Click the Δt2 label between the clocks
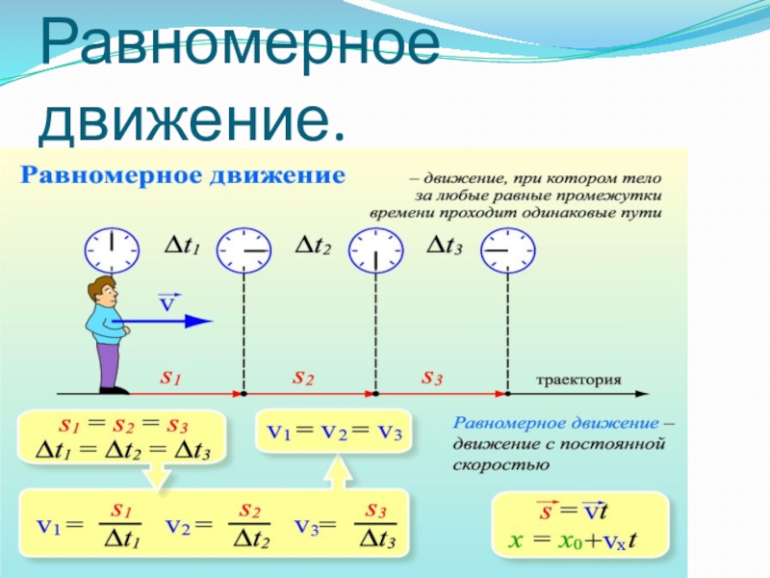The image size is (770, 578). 313,249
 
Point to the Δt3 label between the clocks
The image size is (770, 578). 444,249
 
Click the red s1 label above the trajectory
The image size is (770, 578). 170,379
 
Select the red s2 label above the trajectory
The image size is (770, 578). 302,379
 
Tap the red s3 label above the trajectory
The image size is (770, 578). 432,379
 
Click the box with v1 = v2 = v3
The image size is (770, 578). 334,433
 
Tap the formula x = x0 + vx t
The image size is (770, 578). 579,542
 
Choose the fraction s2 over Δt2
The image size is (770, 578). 250,525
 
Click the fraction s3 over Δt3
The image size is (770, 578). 377,525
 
